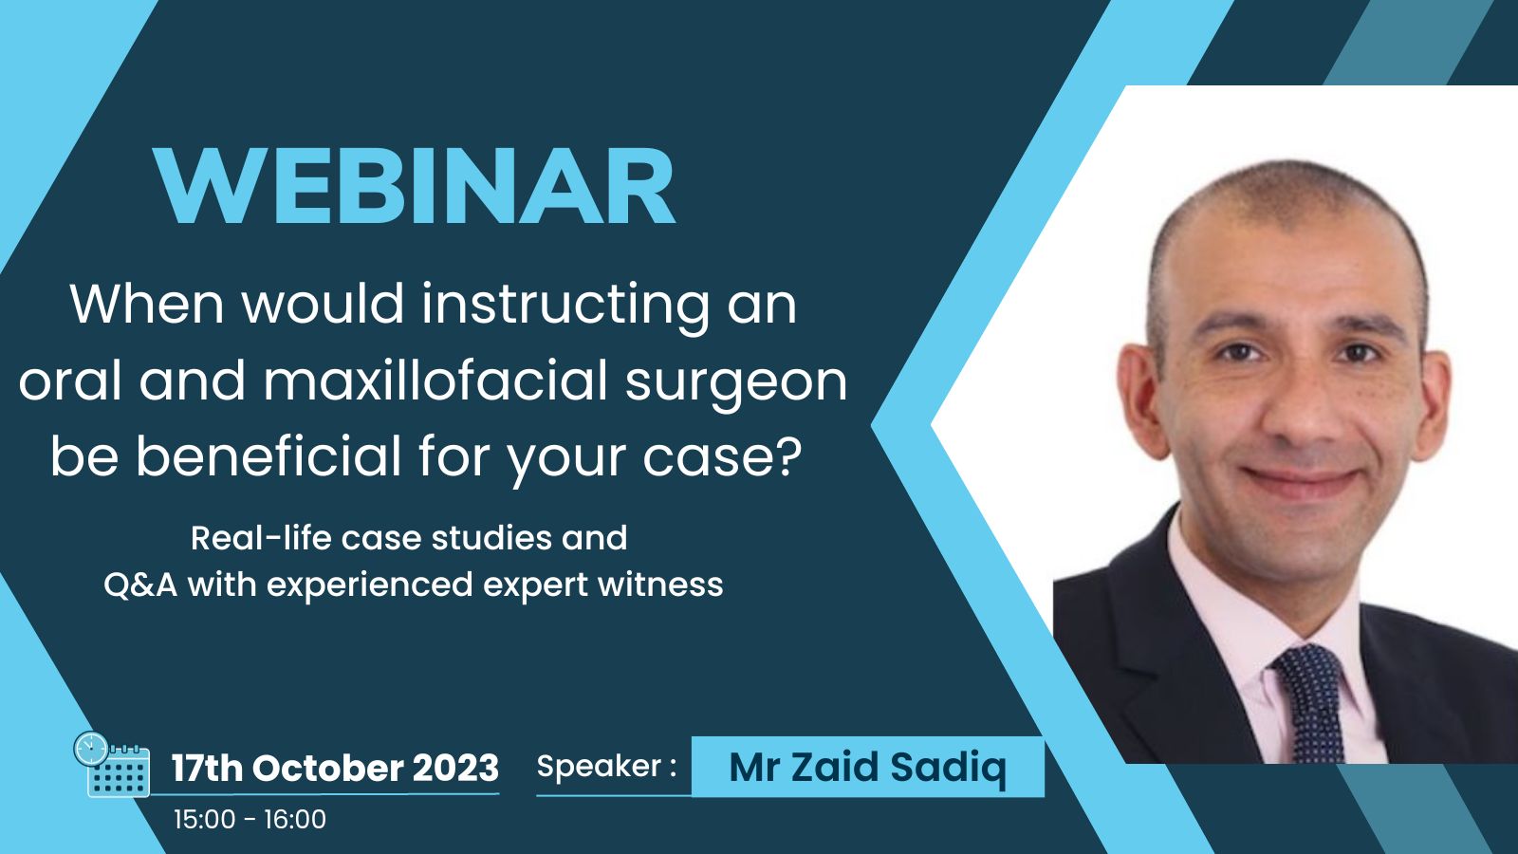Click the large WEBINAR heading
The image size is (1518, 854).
tap(414, 186)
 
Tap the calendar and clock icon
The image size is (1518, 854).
tap(112, 764)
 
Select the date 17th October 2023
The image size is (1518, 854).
tap(335, 768)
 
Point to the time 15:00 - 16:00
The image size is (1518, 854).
tap(250, 820)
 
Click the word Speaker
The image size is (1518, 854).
tap(599, 768)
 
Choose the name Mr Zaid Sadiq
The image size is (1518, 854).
tap(867, 769)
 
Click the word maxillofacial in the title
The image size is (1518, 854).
tap(435, 380)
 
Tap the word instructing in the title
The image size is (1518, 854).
tap(565, 307)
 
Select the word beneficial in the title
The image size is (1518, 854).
tap(268, 455)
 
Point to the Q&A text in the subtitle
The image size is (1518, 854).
tap(140, 585)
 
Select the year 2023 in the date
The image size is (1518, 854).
tap(455, 768)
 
